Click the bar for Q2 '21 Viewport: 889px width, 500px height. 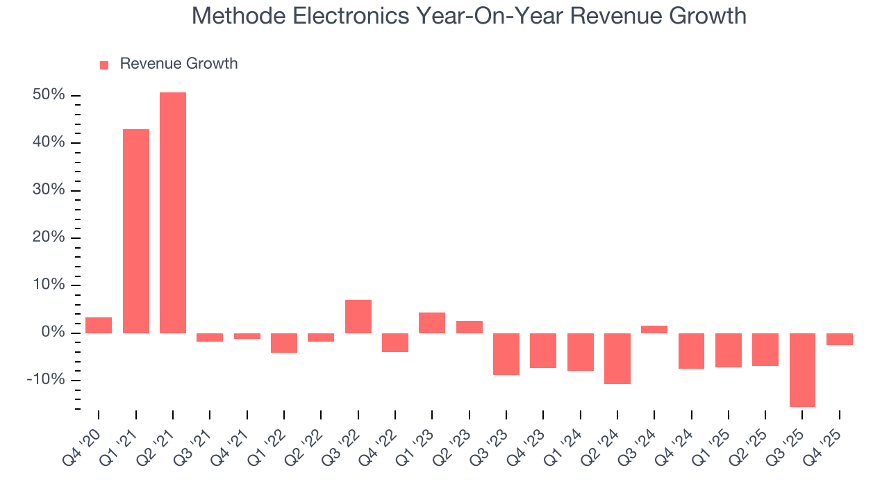[x=173, y=212]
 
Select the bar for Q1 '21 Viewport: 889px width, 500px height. [x=136, y=231]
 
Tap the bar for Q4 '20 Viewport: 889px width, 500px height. [x=99, y=325]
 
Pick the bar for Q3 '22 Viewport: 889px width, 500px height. [x=358, y=317]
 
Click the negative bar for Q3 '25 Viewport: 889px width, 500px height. [x=802, y=369]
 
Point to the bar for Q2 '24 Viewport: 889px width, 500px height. [x=617, y=358]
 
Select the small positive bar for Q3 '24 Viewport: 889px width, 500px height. [x=654, y=329]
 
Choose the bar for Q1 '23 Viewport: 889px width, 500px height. [x=432, y=323]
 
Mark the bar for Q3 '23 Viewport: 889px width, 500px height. [x=506, y=354]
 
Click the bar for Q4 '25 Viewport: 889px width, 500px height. [x=840, y=339]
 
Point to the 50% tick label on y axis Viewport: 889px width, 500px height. [x=49, y=95]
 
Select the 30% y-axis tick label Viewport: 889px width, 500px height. [x=49, y=190]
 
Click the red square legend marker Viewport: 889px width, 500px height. [x=104, y=65]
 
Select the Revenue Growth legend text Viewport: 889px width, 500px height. [x=178, y=64]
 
